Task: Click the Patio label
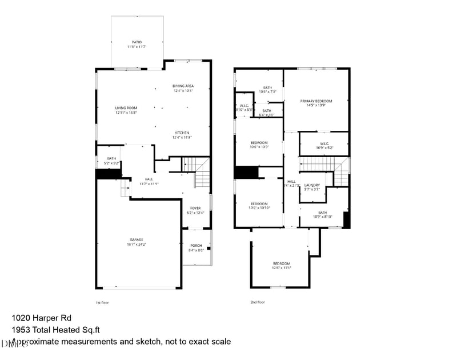point(137,44)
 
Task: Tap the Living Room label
point(126,110)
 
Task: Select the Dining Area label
point(183,88)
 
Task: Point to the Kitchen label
point(183,135)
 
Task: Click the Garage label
point(136,242)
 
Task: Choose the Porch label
point(195,247)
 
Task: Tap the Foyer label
point(195,210)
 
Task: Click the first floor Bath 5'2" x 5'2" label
point(111,161)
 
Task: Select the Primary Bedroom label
point(316,103)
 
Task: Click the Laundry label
point(312,187)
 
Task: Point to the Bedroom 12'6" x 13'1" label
point(281,265)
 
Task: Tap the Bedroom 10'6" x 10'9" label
point(259,144)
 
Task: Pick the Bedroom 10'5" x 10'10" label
point(258,206)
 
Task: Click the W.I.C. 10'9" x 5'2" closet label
point(323,145)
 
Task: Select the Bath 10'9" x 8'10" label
point(323,214)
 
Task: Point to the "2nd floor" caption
point(257,302)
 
